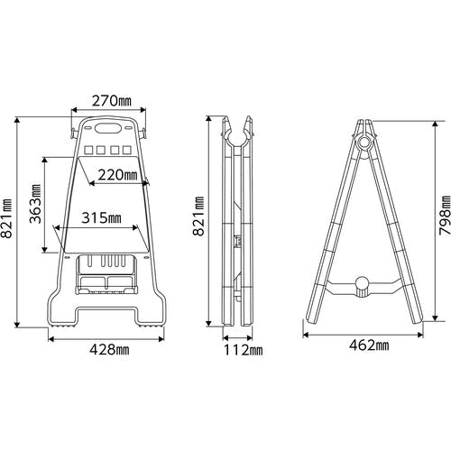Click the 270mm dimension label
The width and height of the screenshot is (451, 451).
click(x=112, y=101)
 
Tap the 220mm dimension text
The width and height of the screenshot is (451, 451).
click(x=118, y=175)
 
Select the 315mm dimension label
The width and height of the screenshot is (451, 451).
click(x=102, y=217)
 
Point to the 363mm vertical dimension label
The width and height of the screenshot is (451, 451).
click(x=35, y=204)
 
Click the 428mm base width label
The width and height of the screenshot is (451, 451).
click(x=109, y=349)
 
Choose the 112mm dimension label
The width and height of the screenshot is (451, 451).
click(x=243, y=350)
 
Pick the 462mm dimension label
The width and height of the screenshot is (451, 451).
click(x=369, y=345)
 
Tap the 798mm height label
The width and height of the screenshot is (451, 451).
click(x=445, y=216)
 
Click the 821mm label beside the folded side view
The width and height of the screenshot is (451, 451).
click(x=198, y=216)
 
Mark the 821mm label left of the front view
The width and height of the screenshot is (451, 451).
click(x=6, y=218)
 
